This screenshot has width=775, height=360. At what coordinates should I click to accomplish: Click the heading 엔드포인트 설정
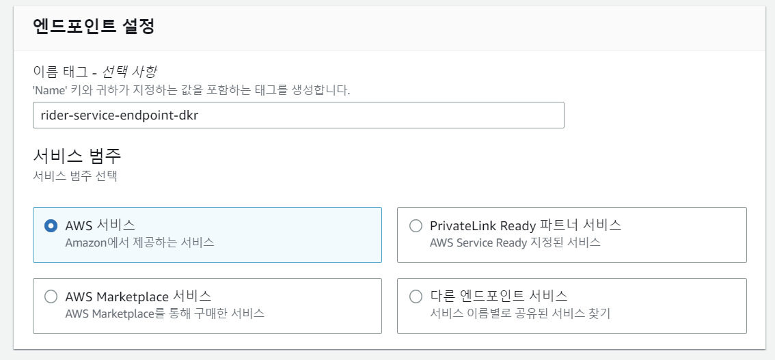pyautogui.click(x=94, y=27)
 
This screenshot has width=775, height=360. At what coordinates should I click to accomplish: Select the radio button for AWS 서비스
pyautogui.click(x=51, y=225)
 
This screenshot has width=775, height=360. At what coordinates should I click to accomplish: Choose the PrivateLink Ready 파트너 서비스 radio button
pyautogui.click(x=416, y=225)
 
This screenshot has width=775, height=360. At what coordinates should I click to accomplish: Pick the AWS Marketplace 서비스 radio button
pyautogui.click(x=51, y=296)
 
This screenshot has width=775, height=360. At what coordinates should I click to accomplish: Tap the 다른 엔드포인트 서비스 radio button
pyautogui.click(x=416, y=296)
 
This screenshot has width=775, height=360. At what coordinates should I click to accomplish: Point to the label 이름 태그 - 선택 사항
pyautogui.click(x=100, y=71)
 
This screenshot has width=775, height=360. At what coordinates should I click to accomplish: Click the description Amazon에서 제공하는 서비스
pyautogui.click(x=139, y=242)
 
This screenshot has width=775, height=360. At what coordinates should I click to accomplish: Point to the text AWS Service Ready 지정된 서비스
pyautogui.click(x=515, y=242)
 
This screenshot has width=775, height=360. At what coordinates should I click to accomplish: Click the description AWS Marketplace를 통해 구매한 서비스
pyautogui.click(x=165, y=313)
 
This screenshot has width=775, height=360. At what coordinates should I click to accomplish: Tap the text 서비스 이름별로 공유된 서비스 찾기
pyautogui.click(x=519, y=313)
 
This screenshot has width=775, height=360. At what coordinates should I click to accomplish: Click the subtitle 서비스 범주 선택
pyautogui.click(x=75, y=176)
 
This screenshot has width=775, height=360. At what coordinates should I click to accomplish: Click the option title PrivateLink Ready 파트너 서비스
pyautogui.click(x=525, y=225)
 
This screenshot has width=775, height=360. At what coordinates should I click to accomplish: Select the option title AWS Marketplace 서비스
pyautogui.click(x=138, y=296)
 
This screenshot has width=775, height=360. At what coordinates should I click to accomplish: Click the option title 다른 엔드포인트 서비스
pyautogui.click(x=498, y=296)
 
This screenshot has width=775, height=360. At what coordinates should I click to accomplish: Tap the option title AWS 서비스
pyautogui.click(x=100, y=225)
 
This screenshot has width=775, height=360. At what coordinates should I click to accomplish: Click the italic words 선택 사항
pyautogui.click(x=135, y=71)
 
